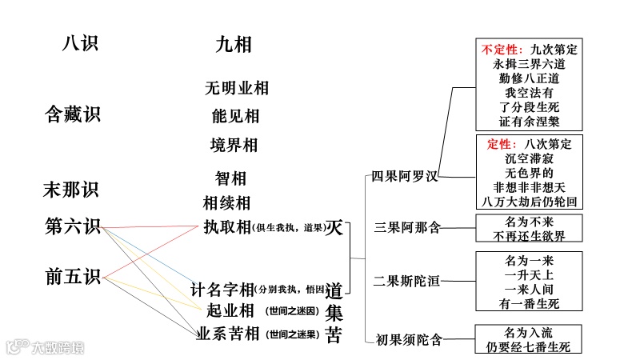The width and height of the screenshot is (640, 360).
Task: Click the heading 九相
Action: click(x=233, y=45)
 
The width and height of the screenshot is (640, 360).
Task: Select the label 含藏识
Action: click(x=72, y=114)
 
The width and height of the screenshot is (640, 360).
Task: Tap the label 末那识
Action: click(x=70, y=190)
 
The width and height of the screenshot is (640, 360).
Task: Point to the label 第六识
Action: click(x=72, y=226)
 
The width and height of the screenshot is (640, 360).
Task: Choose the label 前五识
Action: click(x=72, y=278)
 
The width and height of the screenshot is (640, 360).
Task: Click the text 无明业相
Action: click(x=236, y=88)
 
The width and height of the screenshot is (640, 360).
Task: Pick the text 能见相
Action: click(x=235, y=117)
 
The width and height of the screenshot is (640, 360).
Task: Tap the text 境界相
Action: click(x=234, y=146)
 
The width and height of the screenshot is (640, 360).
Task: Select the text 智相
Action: click(x=230, y=178)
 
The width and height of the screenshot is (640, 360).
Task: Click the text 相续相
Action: click(x=226, y=203)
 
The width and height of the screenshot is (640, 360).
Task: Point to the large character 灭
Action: click(x=334, y=227)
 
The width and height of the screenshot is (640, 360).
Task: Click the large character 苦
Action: click(x=334, y=335)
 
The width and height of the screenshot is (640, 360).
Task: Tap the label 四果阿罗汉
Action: click(x=405, y=177)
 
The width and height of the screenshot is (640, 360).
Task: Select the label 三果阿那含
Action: click(x=407, y=228)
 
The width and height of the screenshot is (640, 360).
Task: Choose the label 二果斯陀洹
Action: click(x=407, y=281)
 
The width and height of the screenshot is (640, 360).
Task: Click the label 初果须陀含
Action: click(x=408, y=340)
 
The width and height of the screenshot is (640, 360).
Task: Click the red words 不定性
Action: click(x=502, y=50)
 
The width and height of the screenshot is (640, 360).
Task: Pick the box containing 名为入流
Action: click(x=529, y=339)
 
